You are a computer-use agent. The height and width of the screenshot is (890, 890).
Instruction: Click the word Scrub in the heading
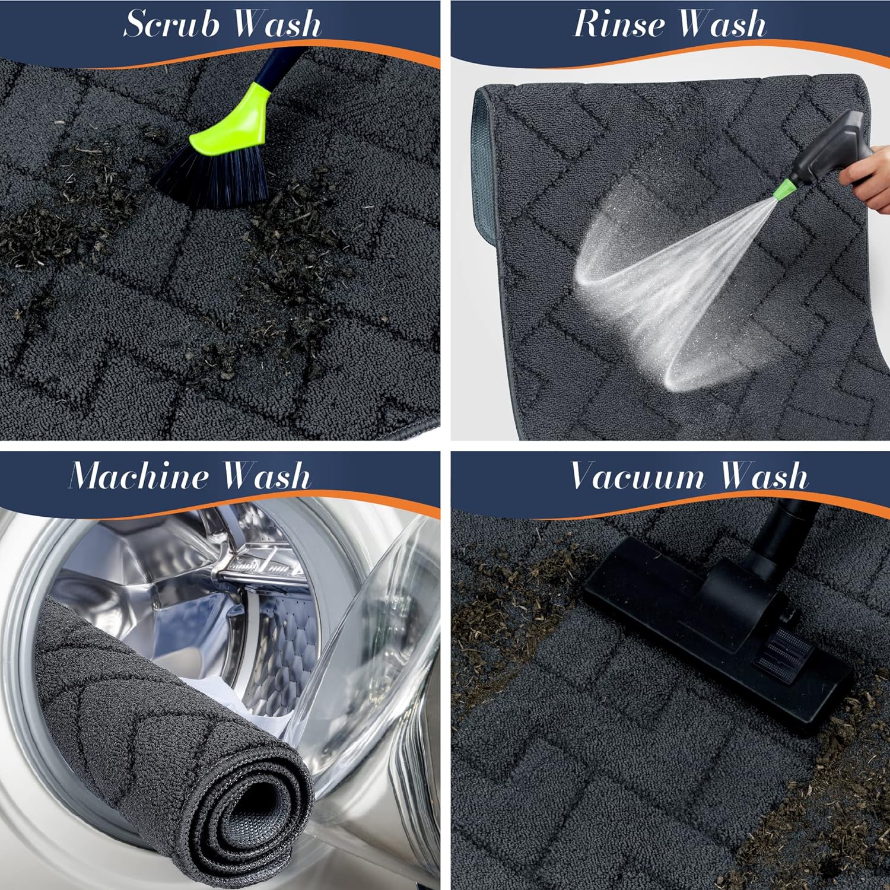[x=171, y=24]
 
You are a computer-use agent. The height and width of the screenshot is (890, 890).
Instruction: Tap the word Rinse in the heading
[x=618, y=24]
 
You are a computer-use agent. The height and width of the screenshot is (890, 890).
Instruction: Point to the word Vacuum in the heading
[x=637, y=476]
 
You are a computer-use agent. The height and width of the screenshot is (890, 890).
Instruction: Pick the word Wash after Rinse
[x=722, y=24]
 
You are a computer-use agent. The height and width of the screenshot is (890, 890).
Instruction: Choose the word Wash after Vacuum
[x=764, y=476]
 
